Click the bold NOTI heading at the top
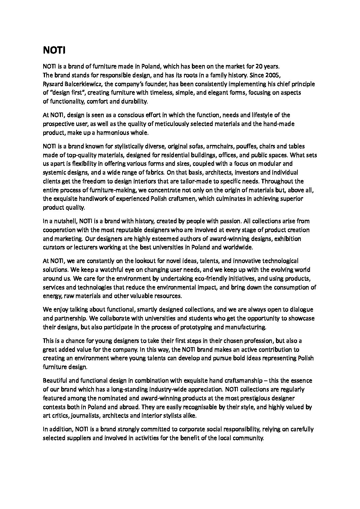pyautogui.click(x=54, y=51)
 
